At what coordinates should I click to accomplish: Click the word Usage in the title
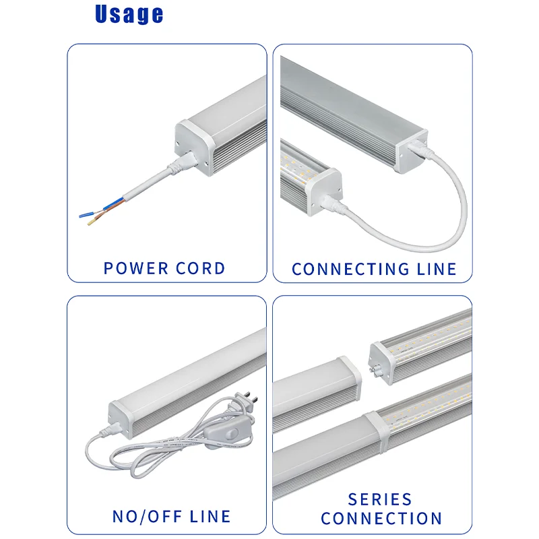[x=129, y=14]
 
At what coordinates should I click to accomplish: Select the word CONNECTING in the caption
[x=346, y=269]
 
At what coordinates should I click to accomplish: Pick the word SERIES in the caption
[x=380, y=500]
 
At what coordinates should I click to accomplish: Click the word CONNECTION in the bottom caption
[x=381, y=519]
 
